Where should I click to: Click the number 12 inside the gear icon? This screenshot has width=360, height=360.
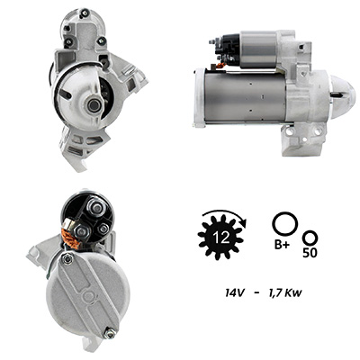(x=222, y=238)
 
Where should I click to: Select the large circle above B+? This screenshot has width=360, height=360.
(x=284, y=225)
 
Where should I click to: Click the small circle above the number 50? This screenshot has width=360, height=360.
(x=310, y=238)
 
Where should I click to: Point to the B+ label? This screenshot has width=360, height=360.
(x=283, y=245)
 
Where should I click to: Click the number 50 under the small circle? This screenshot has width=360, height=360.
(x=310, y=253)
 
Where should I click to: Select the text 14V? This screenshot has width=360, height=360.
(x=235, y=292)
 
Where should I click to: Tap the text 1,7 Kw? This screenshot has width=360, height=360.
(x=284, y=293)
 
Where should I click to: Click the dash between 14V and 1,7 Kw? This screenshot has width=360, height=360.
(x=256, y=293)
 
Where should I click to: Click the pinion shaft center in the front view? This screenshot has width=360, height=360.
(x=94, y=105)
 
